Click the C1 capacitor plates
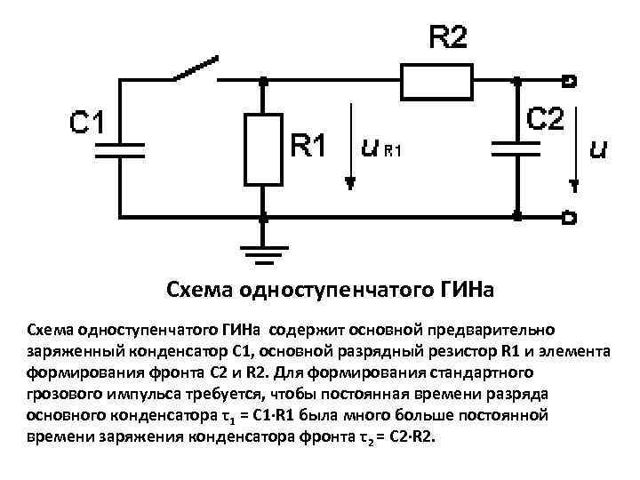(120, 147)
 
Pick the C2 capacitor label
(545, 118)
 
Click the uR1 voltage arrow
(351, 148)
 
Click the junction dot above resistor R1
(262, 81)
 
